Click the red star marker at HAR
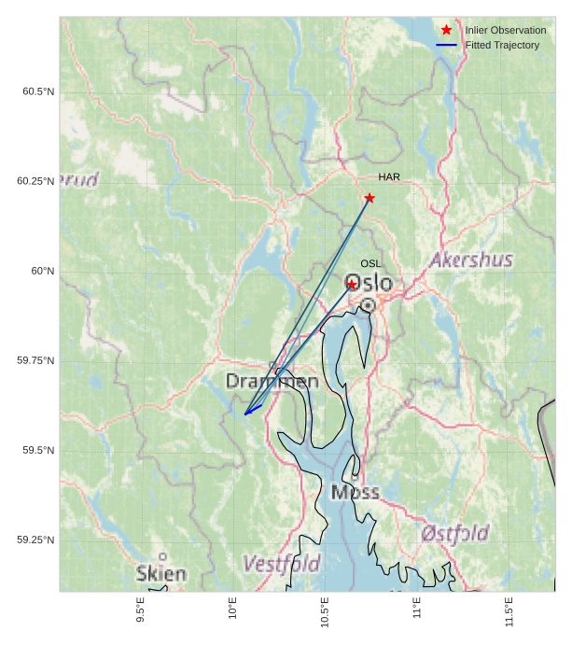pos(370,198)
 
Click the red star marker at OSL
pos(352,284)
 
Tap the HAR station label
pos(389,177)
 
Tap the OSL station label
pos(370,264)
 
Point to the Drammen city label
pos(272,381)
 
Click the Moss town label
pos(355,492)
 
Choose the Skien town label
pos(161,573)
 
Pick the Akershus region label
pos(471,259)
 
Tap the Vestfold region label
pos(282,564)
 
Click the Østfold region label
pos(454,534)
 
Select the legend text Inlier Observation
pos(506,31)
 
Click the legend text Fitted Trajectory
pos(502,45)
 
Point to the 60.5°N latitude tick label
pos(38,91)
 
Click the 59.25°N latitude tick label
pos(35,540)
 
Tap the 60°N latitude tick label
pos(44,271)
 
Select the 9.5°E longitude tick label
pos(140,611)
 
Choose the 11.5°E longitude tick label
pos(509,611)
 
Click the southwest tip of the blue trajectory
pos(244,414)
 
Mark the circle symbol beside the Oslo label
pos(369,305)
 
